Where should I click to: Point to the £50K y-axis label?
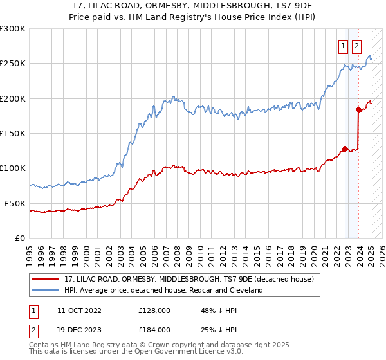coord(15,203)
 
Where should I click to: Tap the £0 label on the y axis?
coord(20,238)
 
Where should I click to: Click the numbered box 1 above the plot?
coord(343,46)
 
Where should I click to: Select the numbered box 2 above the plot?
coord(356,46)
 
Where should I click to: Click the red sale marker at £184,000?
coord(358,110)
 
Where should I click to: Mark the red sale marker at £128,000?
coord(345,148)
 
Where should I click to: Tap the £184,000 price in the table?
coord(154,330)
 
